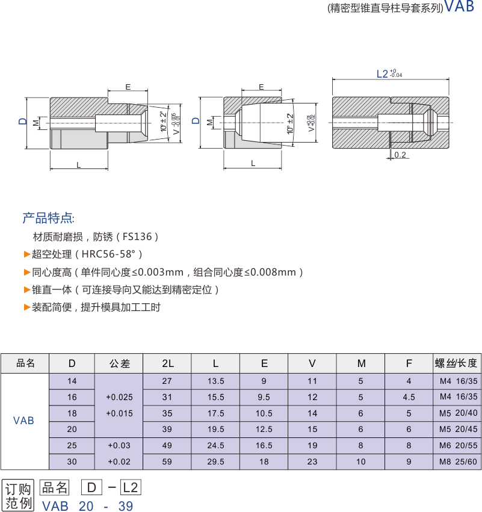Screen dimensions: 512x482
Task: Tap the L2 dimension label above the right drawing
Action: (382, 73)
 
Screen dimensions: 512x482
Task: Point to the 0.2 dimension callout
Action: (401, 155)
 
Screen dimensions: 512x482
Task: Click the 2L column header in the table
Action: (168, 363)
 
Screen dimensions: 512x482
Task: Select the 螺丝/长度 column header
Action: (457, 363)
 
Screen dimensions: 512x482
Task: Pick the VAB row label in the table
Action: (24, 421)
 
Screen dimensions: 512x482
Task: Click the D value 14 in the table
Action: (72, 381)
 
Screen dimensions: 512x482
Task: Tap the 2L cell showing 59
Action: (168, 462)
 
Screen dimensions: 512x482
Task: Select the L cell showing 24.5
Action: (215, 446)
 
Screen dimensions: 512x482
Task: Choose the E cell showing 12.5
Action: (264, 430)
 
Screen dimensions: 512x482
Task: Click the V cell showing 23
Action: (312, 462)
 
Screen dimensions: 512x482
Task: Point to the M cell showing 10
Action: (360, 462)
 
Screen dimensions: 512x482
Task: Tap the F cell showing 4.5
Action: (409, 397)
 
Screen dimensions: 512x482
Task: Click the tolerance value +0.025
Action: (119, 397)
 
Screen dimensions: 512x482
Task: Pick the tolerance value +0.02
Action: (119, 462)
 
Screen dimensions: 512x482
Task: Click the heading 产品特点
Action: (48, 217)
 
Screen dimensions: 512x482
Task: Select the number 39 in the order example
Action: (126, 506)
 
